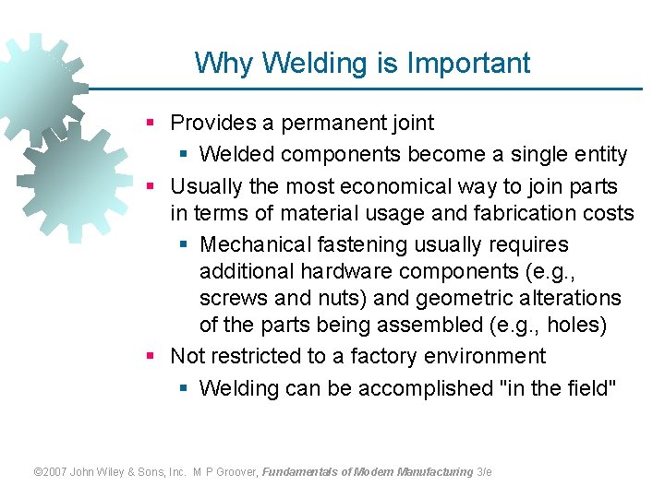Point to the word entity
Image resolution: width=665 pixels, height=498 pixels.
[597, 154]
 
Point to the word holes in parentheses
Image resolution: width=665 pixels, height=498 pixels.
[581, 326]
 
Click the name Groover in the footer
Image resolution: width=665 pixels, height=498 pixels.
[236, 471]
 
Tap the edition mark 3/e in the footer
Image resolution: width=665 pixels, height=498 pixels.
[485, 471]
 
